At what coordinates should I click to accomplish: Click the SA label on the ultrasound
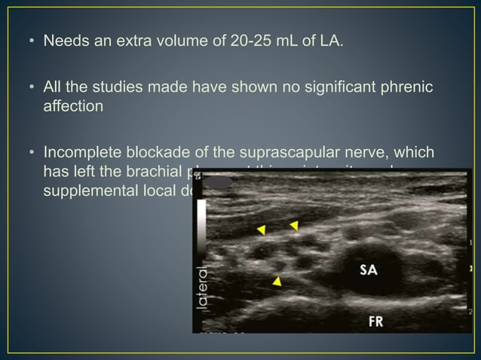click(x=368, y=270)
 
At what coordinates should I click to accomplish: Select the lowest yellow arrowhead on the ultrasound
click(x=277, y=281)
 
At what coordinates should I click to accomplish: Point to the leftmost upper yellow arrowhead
click(x=262, y=228)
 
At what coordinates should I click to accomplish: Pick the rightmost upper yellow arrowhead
click(x=294, y=224)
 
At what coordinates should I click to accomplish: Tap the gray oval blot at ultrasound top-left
click(x=219, y=182)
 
